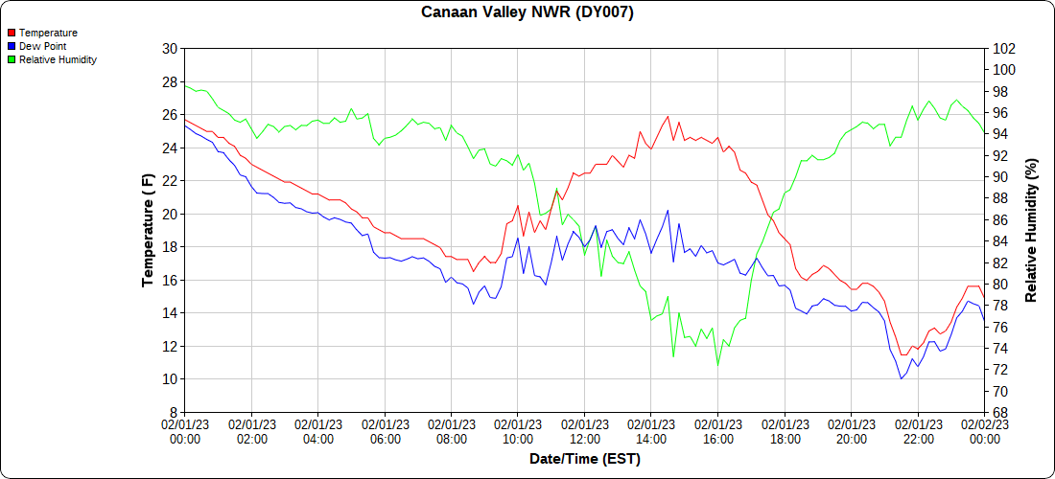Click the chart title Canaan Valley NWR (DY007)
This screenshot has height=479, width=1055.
click(527, 12)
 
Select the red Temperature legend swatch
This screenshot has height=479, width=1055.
click(12, 33)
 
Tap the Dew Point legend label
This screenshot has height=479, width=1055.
click(43, 46)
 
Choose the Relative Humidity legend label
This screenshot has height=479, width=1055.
click(58, 59)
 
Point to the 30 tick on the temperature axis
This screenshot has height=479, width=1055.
click(170, 49)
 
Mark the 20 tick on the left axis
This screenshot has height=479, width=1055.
click(170, 214)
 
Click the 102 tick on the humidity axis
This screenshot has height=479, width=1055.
click(1003, 49)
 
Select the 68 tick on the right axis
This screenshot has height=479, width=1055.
click(1000, 412)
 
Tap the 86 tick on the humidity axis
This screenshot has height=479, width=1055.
click(1000, 220)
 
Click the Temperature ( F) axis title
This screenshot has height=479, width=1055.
click(148, 230)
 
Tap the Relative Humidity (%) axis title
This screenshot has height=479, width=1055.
click(1031, 230)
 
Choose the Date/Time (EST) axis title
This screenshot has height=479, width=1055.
click(585, 459)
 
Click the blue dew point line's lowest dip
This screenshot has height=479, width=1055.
click(902, 378)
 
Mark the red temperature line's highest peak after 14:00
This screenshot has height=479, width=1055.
click(668, 116)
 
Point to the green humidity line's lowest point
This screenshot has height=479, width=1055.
click(717, 365)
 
